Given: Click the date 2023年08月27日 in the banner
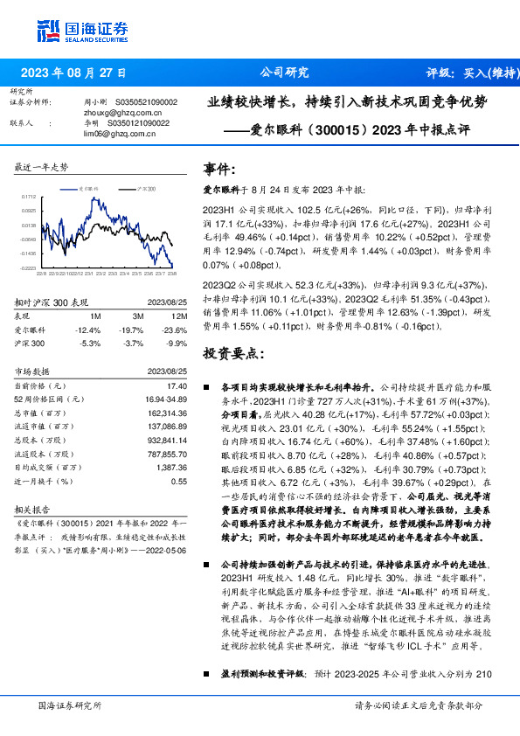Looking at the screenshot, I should (73, 73).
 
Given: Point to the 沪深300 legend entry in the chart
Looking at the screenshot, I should (146, 188).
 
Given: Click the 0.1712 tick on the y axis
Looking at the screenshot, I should (29, 198).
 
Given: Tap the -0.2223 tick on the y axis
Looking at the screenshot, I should (29, 267).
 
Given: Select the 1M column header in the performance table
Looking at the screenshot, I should (95, 316).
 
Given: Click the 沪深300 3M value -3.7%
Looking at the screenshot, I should (135, 343).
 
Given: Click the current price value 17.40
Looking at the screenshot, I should (177, 385).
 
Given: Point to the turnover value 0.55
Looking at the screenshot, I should (179, 480).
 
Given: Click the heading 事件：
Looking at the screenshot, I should (219, 169).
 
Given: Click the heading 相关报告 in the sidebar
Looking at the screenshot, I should (33, 507).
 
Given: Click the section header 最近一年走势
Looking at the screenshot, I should (41, 167).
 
